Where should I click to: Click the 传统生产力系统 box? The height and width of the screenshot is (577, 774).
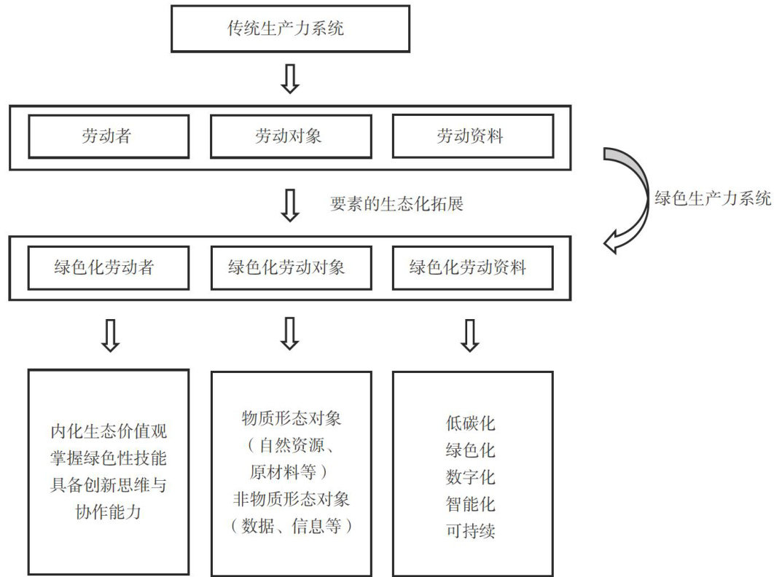[291, 29]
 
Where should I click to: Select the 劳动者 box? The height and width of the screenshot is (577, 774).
[109, 136]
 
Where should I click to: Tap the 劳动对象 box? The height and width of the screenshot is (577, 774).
[290, 136]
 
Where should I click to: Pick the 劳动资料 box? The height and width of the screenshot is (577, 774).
[472, 136]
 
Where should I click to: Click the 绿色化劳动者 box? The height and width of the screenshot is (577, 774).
[109, 267]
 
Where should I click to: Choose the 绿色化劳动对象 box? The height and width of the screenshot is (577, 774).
[290, 267]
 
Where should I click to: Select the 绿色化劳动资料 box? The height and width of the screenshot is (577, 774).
[472, 267]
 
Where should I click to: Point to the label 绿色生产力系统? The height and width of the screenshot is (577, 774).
[713, 198]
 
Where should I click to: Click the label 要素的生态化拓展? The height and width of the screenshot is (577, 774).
[396, 204]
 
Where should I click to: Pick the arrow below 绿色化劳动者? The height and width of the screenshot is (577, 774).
[109, 335]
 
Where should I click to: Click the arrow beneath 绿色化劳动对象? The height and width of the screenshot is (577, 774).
[290, 335]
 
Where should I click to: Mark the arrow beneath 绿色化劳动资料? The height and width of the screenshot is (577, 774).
[470, 335]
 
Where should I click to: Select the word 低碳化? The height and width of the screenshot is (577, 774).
[471, 423]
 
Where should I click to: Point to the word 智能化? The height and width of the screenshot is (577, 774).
[471, 503]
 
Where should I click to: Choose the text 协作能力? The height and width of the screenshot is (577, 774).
[109, 512]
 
